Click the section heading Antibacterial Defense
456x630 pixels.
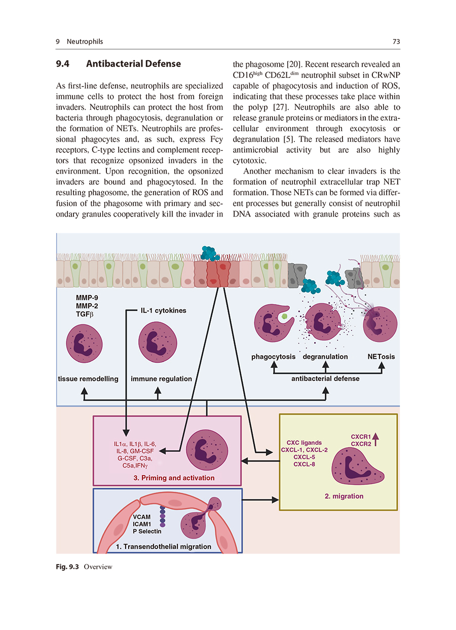133,64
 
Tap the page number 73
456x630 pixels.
396,41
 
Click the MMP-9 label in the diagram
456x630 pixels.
72,298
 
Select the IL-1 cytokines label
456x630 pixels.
163,310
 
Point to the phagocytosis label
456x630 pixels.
273,357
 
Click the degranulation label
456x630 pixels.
325,357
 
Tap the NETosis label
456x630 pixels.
381,357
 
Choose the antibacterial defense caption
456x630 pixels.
325,379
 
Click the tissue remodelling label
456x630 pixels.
88,379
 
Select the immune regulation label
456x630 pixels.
161,379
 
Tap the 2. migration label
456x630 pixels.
344,496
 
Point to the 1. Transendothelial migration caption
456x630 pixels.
164,547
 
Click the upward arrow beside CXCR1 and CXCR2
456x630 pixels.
375,439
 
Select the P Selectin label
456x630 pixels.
147,531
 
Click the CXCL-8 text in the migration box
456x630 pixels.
304,464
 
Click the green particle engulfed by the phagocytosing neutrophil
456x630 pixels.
285,316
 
